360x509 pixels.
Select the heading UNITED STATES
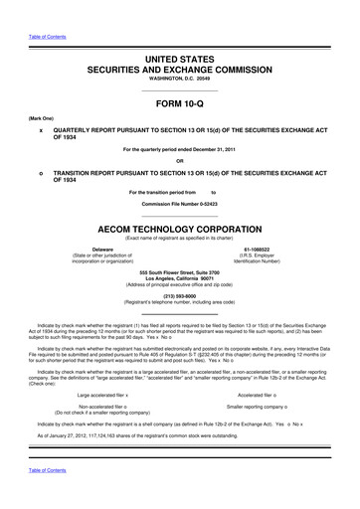[x=179, y=61]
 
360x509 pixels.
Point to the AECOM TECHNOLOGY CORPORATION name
[x=179, y=227]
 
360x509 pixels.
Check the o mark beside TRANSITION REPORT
[x=40, y=173]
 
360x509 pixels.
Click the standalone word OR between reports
[x=179, y=160]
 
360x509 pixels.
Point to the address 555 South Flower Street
[x=179, y=271]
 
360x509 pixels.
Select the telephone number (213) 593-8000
[x=179, y=294]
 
